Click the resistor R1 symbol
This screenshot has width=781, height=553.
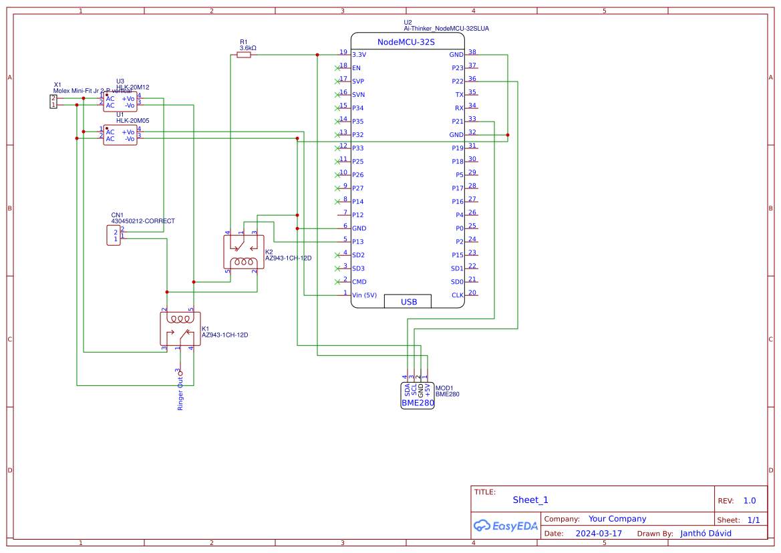click(x=244, y=55)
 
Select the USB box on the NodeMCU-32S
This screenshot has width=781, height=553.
click(x=408, y=302)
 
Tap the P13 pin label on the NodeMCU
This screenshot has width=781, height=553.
click(x=358, y=242)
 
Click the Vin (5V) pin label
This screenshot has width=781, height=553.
click(x=365, y=295)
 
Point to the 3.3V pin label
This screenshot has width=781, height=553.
click(x=359, y=55)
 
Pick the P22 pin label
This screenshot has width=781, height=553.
click(x=457, y=81)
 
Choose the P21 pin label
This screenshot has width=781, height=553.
click(x=457, y=122)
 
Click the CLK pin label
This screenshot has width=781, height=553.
click(x=457, y=295)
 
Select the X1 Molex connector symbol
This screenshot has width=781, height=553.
click(x=53, y=102)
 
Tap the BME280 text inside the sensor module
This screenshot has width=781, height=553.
click(x=418, y=403)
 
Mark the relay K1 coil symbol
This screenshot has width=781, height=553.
click(x=180, y=319)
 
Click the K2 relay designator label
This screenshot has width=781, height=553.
click(x=269, y=252)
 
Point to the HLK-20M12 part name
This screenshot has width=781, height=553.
click(x=132, y=87)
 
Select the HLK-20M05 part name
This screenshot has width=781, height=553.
click(x=132, y=121)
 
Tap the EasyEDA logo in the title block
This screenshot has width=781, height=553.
click(x=506, y=526)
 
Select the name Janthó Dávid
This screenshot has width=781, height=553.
click(x=706, y=534)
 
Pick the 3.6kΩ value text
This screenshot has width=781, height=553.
click(x=248, y=48)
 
